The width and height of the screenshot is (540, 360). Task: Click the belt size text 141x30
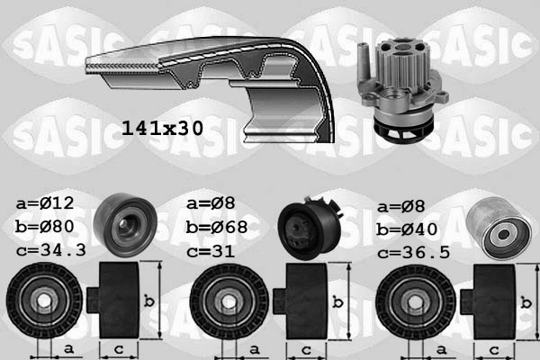point(162,130)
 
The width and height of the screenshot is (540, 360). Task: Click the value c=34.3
point(49,249)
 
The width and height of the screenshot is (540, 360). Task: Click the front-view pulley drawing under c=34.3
point(42,301)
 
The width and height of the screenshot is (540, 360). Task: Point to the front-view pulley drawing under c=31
point(228,301)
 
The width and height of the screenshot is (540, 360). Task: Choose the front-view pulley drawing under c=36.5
point(414,301)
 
